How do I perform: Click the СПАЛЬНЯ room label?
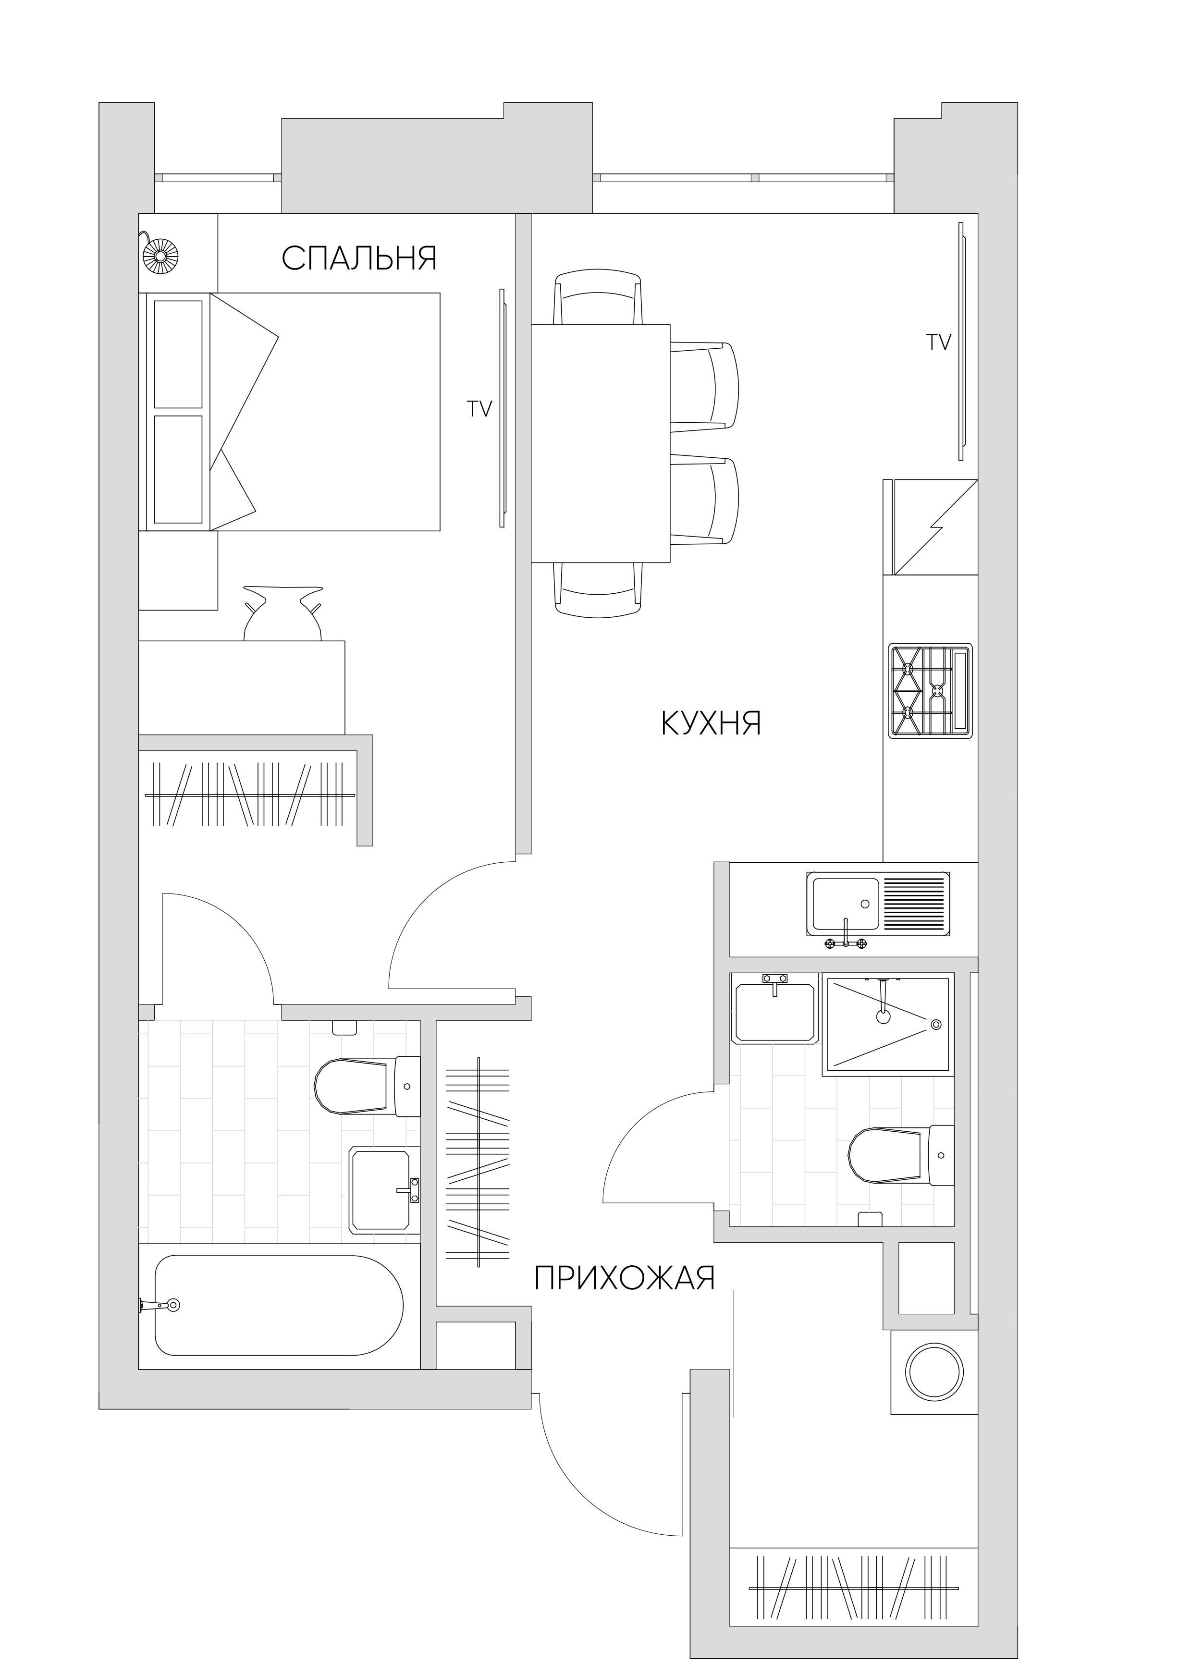pyautogui.click(x=359, y=257)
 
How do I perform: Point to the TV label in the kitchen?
pyautogui.click(x=939, y=342)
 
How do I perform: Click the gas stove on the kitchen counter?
pyautogui.click(x=931, y=690)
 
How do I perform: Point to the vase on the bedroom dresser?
pyautogui.click(x=282, y=614)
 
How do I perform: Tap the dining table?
pyautogui.click(x=601, y=444)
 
